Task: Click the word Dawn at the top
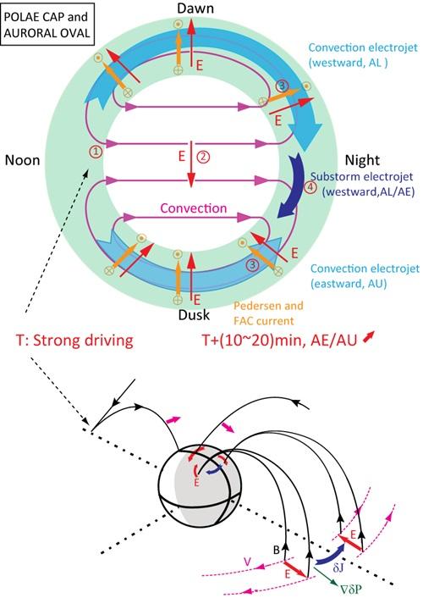(x=196, y=8)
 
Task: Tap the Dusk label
(x=194, y=314)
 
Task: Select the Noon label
(x=23, y=160)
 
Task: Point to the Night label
(x=362, y=160)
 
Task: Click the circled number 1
(x=96, y=152)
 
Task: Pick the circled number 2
(x=203, y=157)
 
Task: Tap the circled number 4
(x=310, y=187)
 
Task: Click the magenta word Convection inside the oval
(x=194, y=208)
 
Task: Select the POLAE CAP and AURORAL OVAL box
(x=47, y=24)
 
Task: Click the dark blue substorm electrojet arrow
(x=293, y=185)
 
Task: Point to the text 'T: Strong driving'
(x=74, y=340)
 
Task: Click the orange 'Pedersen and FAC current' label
(x=269, y=313)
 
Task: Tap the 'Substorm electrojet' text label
(x=361, y=177)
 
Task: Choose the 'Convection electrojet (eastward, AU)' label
(x=365, y=276)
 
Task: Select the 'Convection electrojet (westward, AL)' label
(x=363, y=55)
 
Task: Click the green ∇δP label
(x=349, y=590)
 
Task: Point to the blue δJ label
(x=338, y=568)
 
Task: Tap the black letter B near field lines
(x=277, y=550)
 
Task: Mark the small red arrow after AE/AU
(x=368, y=337)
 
